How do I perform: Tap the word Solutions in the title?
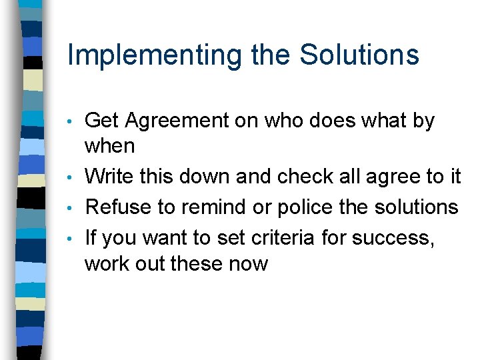359,55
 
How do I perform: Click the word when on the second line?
110,146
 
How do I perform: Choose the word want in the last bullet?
161,238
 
